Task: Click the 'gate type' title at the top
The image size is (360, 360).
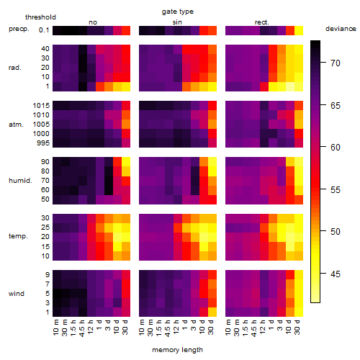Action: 178,12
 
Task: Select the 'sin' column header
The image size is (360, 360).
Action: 177,22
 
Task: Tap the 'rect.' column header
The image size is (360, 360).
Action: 262,22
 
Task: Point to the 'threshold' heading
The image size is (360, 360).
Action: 40,17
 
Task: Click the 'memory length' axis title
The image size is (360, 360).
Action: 177,350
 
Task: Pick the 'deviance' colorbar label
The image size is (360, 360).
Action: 341,29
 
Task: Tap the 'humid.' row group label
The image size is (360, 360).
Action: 20,181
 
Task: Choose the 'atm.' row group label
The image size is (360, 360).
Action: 16,125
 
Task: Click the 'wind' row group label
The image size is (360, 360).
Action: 17,294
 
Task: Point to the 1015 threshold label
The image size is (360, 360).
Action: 41,105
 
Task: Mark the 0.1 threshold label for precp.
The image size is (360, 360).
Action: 44,30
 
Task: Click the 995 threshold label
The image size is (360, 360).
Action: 43,143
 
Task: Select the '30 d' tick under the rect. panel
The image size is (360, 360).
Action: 297,327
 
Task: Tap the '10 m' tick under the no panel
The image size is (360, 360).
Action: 55,327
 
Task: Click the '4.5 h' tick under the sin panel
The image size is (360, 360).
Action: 168,328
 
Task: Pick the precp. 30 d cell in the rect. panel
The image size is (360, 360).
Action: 299,30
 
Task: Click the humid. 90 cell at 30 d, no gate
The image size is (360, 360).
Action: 126,162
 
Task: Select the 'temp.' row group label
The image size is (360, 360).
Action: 18,236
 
